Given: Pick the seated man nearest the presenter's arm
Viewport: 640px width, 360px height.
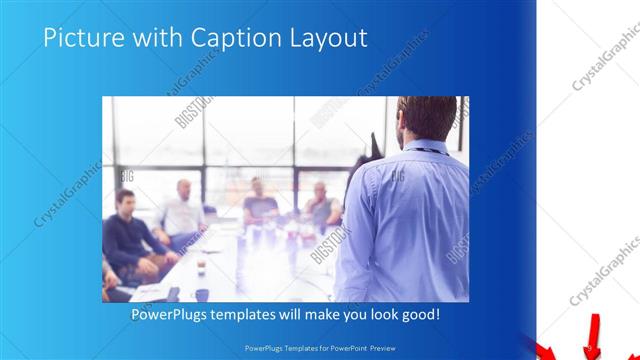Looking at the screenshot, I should coord(322,205).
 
